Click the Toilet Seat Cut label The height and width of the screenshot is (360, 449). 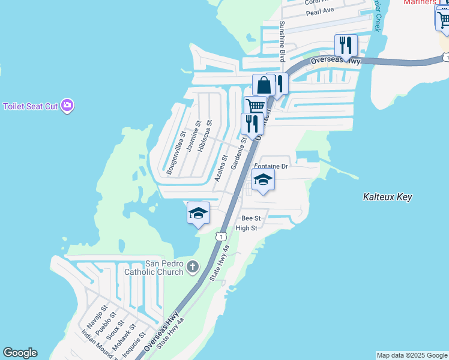[30, 106]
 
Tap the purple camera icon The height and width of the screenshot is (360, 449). [67, 106]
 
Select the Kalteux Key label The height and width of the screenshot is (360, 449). [388, 197]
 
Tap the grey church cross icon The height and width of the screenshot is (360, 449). [192, 266]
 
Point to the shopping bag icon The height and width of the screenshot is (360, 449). [264, 85]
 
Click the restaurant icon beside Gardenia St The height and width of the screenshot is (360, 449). [252, 124]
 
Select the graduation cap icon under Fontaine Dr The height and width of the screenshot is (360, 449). [263, 179]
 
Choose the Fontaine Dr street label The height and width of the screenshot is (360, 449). [271, 166]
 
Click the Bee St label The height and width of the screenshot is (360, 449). [250, 218]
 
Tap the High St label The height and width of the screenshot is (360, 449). [246, 228]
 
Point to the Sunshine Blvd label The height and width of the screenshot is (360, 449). [282, 41]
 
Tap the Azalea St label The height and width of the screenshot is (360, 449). [220, 169]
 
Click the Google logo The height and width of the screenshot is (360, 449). [20, 353]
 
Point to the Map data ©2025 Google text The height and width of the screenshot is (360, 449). [412, 355]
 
